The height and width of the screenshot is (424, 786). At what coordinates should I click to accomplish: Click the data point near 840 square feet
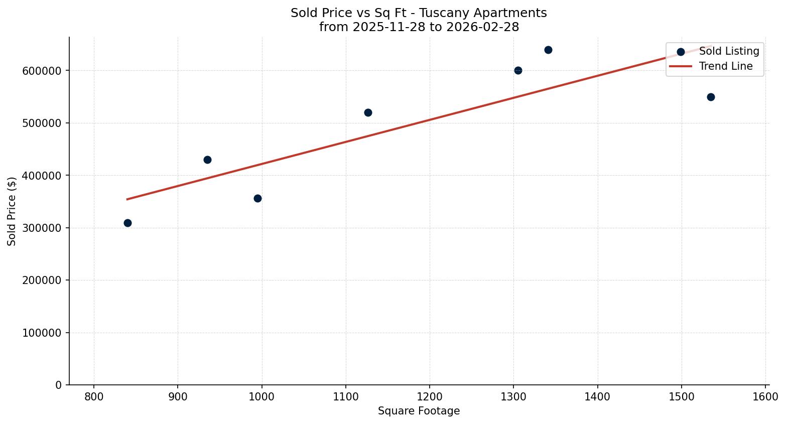[127, 223]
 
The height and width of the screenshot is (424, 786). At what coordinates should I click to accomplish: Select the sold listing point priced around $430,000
[207, 160]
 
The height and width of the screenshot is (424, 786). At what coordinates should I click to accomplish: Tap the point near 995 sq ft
[257, 198]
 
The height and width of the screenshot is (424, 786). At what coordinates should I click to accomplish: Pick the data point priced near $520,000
[368, 112]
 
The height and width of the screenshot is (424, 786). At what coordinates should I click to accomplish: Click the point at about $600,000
[518, 70]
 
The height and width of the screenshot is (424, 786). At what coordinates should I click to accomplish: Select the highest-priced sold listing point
[548, 50]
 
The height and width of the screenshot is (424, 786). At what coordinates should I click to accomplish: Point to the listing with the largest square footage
[711, 97]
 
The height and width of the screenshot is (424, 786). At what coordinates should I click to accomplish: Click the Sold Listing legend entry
[729, 51]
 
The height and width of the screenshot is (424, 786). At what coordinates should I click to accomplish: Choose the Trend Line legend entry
[726, 66]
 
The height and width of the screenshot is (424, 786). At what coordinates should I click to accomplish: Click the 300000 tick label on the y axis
[42, 228]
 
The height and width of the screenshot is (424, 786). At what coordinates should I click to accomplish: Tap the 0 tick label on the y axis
[59, 385]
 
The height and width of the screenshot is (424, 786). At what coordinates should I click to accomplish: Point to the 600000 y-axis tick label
[42, 71]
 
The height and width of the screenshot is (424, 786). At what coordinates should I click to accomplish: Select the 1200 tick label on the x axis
[430, 397]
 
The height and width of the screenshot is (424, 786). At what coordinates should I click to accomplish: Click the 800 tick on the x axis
[94, 397]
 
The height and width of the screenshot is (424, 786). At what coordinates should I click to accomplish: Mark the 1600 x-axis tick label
[765, 397]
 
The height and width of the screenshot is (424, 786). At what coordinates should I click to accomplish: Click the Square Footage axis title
[419, 411]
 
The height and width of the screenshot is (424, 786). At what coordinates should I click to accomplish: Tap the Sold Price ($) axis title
[12, 211]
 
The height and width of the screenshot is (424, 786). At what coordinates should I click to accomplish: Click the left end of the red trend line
[127, 199]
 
